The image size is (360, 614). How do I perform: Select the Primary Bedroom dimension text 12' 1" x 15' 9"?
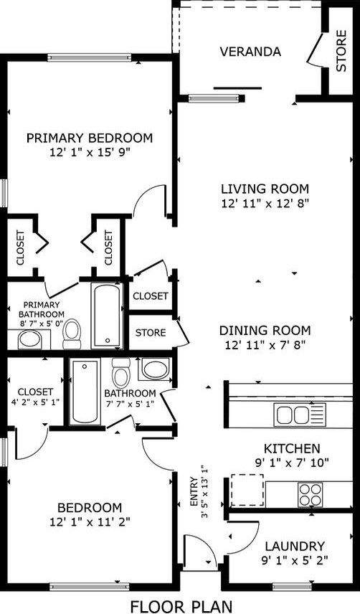click(x=90, y=152)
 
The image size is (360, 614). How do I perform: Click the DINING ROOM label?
click(x=265, y=331)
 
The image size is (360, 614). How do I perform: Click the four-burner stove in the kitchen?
click(x=311, y=494)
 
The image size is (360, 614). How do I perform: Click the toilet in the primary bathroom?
click(x=72, y=333)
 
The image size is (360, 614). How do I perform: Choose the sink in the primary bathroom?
click(x=30, y=339)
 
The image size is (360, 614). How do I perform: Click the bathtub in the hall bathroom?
click(x=85, y=392)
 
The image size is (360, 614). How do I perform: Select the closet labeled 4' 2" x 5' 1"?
click(x=35, y=397)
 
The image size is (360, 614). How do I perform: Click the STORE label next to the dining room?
click(x=151, y=333)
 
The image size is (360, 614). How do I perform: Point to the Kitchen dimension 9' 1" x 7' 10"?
click(x=290, y=462)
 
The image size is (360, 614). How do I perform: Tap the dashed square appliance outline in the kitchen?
click(x=247, y=490)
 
